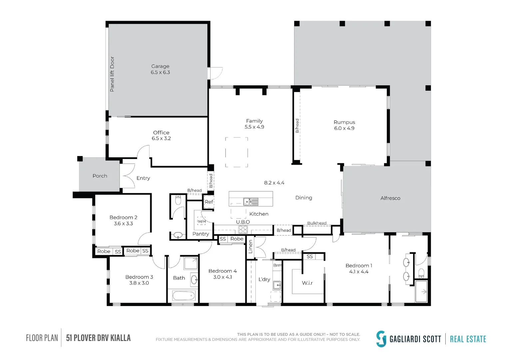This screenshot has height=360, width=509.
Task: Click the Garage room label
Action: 160,66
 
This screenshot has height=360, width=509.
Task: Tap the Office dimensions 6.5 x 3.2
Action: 161,138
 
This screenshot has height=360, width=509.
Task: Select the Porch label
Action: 100,176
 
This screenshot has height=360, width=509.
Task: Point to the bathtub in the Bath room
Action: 184,296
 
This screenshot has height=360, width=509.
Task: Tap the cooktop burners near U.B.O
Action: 243,230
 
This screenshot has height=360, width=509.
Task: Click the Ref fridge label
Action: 209,202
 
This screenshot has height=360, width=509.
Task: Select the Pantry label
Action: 201,234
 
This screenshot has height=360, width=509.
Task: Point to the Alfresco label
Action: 390,198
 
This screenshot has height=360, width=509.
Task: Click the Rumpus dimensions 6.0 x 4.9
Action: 344,128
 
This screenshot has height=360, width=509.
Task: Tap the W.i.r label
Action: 307,283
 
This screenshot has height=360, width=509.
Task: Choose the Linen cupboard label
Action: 251,247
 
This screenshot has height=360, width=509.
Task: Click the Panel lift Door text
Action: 112,74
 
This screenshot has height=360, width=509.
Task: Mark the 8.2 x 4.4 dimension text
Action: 274,183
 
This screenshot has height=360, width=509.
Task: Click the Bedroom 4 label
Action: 223,271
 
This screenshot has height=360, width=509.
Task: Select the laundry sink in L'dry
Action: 277,285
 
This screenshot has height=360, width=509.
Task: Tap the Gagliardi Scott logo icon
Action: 381,339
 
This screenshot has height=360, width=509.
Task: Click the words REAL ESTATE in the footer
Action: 468,339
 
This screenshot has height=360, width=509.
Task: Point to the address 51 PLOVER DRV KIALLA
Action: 98,338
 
